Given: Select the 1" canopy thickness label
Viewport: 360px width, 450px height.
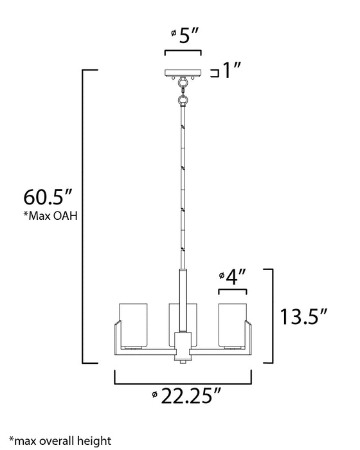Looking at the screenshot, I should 233,71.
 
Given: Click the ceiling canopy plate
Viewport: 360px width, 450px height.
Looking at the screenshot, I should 184,72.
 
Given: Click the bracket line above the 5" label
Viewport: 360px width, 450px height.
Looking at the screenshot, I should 184,51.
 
